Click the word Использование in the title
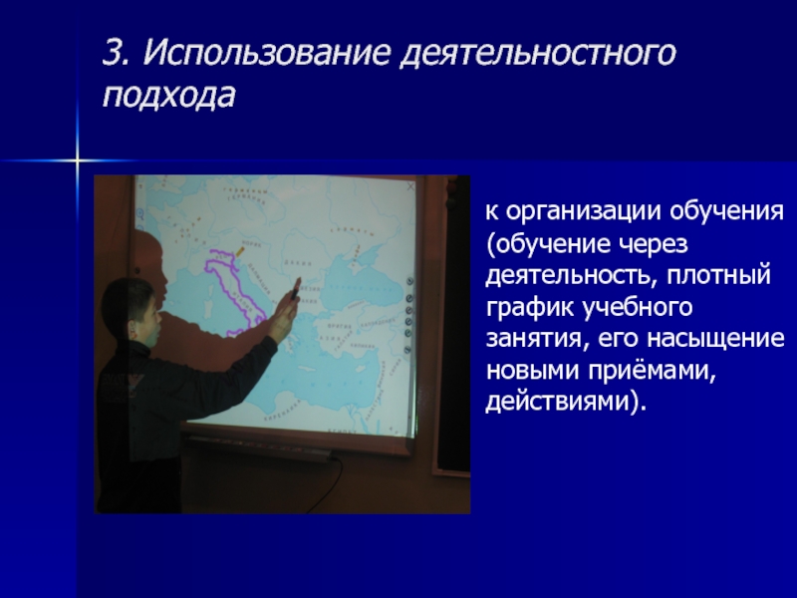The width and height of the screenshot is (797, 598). click(x=266, y=52)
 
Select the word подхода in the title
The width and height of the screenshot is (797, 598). click(x=168, y=96)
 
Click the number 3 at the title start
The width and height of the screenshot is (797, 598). click(x=115, y=52)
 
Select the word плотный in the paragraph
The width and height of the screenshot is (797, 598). click(x=718, y=276)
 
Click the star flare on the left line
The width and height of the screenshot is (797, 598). click(x=78, y=160)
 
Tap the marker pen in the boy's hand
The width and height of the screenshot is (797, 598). click(x=294, y=290)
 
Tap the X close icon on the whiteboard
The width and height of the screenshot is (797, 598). click(x=410, y=186)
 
